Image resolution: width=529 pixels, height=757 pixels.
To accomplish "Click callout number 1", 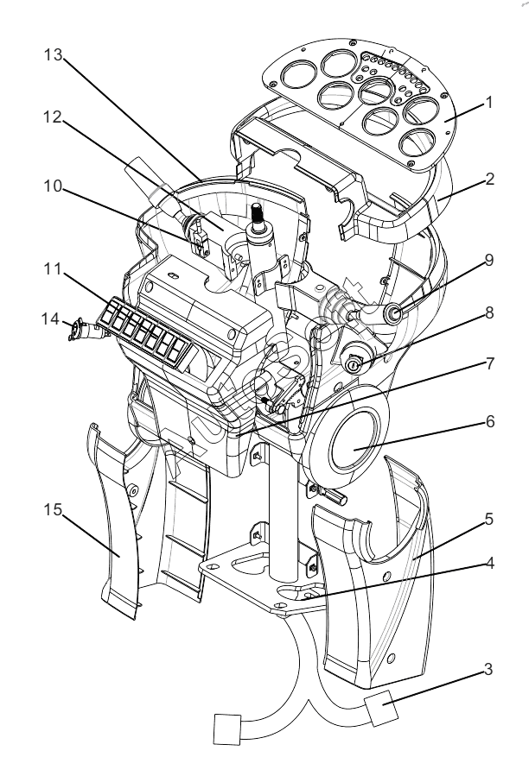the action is pyautogui.click(x=489, y=103).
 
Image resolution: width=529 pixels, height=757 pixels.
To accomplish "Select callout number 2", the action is pyautogui.click(x=489, y=180).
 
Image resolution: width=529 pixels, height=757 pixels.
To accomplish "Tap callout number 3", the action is pyautogui.click(x=488, y=669).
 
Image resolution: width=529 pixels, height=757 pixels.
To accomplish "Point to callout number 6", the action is pyautogui.click(x=490, y=421).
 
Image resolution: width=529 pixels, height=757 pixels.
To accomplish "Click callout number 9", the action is pyautogui.click(x=489, y=260).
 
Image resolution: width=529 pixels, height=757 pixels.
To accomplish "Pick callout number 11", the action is pyautogui.click(x=53, y=269).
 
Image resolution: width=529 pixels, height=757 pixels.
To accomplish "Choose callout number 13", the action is pyautogui.click(x=54, y=55).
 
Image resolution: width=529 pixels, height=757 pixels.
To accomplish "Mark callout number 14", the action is pyautogui.click(x=50, y=319).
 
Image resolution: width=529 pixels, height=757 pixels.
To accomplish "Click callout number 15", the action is pyautogui.click(x=54, y=509).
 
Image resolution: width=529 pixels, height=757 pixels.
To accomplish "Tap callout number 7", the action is pyautogui.click(x=489, y=363).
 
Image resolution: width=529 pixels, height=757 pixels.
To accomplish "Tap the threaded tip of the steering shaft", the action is pyautogui.click(x=256, y=211).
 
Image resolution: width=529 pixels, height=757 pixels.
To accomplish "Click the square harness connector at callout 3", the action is pyautogui.click(x=382, y=707).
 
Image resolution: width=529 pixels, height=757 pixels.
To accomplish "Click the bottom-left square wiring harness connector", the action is pyautogui.click(x=227, y=729).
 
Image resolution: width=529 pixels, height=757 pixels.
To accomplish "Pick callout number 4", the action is pyautogui.click(x=489, y=563).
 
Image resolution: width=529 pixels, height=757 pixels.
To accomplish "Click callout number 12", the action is pyautogui.click(x=54, y=117).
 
